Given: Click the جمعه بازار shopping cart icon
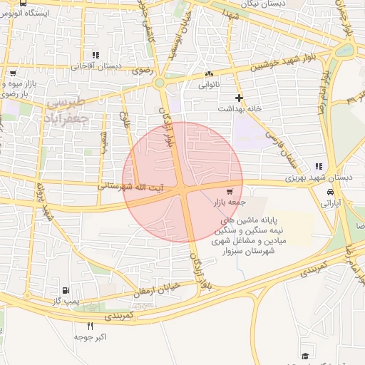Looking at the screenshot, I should pyautogui.click(x=230, y=191).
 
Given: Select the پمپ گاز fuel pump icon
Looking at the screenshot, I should pyautogui.click(x=66, y=291).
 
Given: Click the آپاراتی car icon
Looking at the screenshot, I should pyautogui.click(x=330, y=192).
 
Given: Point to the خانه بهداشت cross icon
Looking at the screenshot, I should pyautogui.click(x=239, y=97).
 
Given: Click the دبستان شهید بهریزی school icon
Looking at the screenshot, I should pyautogui.click(x=319, y=166).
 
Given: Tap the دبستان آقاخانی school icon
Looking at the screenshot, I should pyautogui.click(x=96, y=55).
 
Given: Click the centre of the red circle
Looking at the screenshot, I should pyautogui.click(x=183, y=182).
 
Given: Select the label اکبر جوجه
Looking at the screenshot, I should pyautogui.click(x=91, y=336).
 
